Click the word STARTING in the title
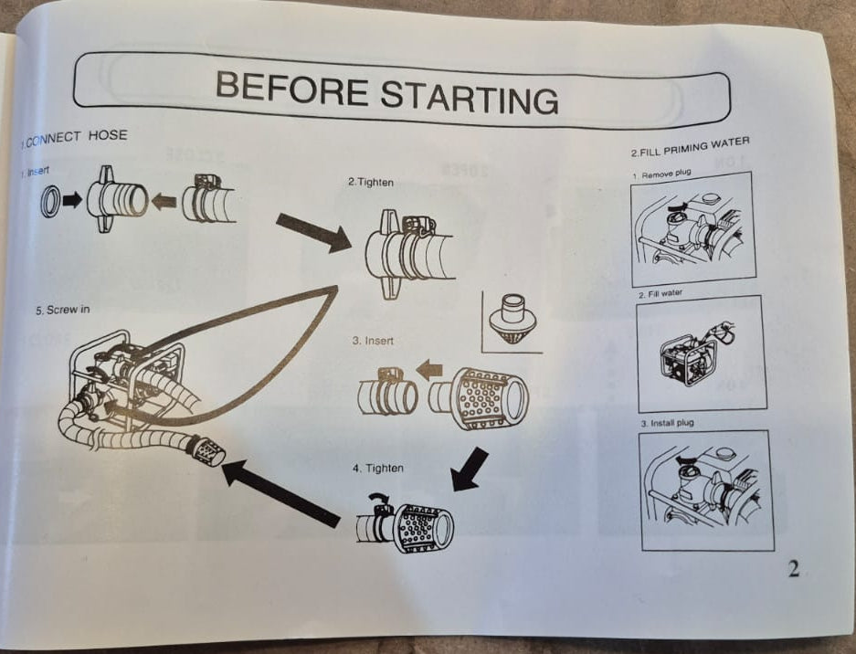coord(470,97)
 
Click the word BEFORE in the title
coord(292,88)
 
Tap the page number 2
coord(794,569)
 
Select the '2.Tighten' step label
coord(371,182)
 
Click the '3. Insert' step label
coord(373,341)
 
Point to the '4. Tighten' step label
coord(378,469)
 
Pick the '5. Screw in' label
coord(63,310)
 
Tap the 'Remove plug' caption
coord(666,174)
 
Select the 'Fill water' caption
coord(665,294)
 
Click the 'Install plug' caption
coord(671,423)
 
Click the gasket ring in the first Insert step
coord(51,201)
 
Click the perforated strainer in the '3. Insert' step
coord(478,397)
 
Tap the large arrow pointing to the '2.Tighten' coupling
coord(314,233)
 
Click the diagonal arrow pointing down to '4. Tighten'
coord(470,469)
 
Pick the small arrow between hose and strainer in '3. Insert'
coord(428,370)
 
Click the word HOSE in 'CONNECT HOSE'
coord(108,135)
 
